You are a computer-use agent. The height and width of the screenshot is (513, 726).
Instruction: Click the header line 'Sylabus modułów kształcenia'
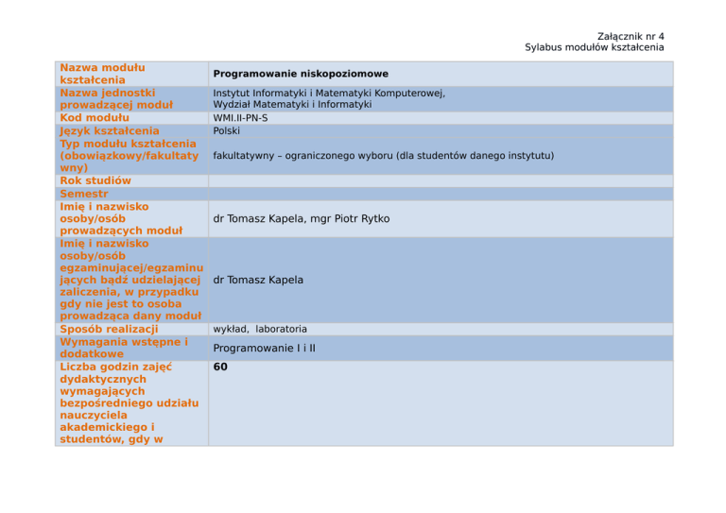(595, 47)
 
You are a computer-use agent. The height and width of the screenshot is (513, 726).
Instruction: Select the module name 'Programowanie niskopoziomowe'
(301, 74)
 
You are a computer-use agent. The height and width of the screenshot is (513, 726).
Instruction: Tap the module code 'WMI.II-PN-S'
(241, 118)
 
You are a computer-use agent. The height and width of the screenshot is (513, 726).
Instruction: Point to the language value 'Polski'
(226, 130)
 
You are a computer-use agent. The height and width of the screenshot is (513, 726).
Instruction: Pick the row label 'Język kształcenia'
(109, 130)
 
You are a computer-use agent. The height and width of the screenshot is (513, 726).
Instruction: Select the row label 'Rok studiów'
(95, 180)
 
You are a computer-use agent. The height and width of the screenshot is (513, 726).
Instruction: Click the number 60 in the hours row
(220, 367)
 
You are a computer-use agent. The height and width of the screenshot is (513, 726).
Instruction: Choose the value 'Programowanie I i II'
(265, 348)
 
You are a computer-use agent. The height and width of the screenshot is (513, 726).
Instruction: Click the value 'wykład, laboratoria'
(260, 329)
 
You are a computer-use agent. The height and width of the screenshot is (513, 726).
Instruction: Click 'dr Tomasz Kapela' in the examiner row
(258, 280)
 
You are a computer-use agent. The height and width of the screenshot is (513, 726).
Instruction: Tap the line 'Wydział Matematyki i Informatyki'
(292, 105)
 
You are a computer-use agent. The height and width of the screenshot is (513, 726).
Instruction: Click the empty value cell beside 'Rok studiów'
(440, 180)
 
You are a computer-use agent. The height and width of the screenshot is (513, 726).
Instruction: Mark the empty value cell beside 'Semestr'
(440, 193)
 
